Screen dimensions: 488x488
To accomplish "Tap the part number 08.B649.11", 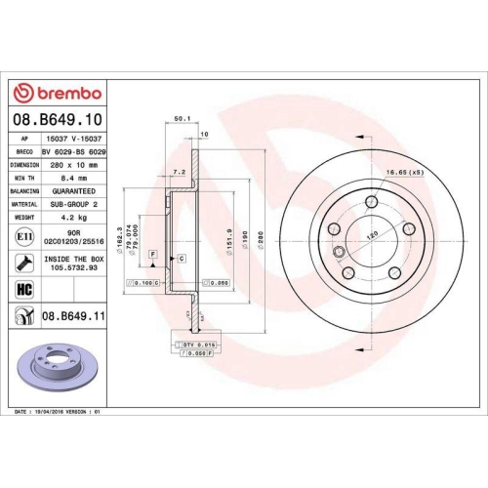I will [x=74, y=317].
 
